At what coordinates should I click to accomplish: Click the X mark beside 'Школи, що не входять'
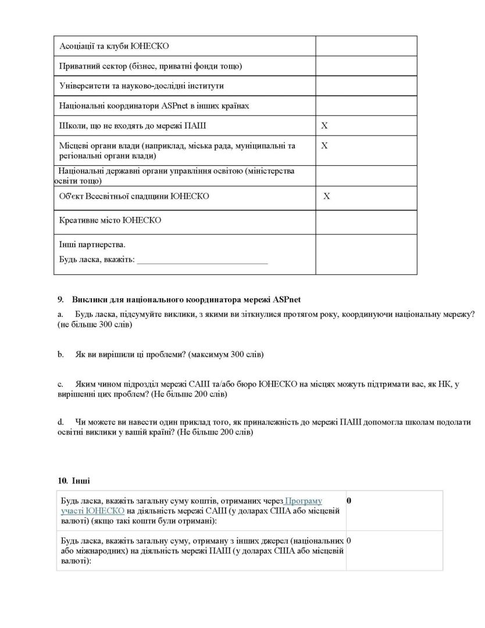tap(324, 126)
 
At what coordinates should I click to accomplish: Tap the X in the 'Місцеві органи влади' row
tap(324, 146)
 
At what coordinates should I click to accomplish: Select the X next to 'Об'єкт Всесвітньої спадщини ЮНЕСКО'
tap(327, 197)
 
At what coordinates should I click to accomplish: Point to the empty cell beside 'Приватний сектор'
tap(366, 66)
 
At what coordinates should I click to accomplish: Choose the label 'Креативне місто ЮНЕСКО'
tap(110, 221)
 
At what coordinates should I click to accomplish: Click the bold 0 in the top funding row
tap(349, 500)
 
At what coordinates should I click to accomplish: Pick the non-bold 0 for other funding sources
tap(349, 541)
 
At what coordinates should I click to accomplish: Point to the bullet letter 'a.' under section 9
tap(60, 314)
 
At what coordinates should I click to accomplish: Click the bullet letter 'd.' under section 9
tap(60, 421)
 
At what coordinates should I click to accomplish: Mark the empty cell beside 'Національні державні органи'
tap(366, 176)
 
